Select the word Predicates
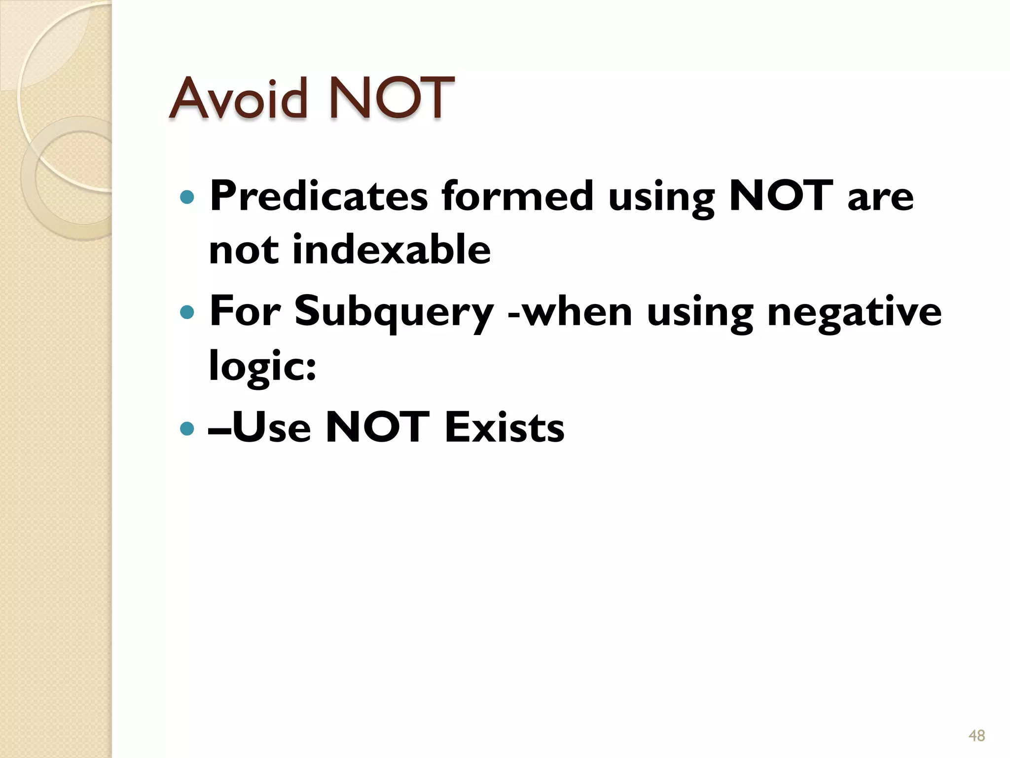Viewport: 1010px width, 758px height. tap(319, 196)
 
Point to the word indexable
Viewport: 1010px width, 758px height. tap(392, 250)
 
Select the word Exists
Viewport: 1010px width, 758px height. tap(505, 427)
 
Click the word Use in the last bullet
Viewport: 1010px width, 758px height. tap(271, 427)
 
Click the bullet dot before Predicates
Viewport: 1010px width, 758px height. tap(187, 197)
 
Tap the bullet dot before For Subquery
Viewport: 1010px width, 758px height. tap(187, 312)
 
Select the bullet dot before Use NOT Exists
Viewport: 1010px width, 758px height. tap(187, 428)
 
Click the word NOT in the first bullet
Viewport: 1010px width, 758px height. tap(781, 196)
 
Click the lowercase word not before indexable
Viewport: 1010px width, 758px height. tap(244, 250)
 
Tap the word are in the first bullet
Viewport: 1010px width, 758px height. tap(880, 196)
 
